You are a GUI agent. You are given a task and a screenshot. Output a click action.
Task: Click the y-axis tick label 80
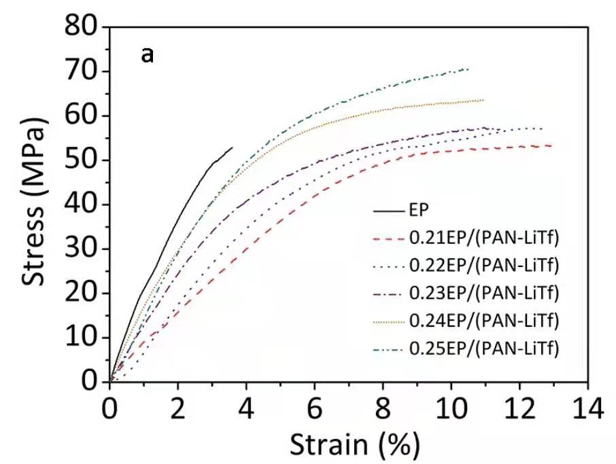(x=83, y=27)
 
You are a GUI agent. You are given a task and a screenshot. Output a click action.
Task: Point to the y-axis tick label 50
(x=83, y=160)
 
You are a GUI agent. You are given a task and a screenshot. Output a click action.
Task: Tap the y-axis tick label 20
(x=83, y=293)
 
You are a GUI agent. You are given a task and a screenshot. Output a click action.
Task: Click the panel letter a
(x=147, y=55)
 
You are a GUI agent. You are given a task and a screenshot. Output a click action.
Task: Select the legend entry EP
(x=418, y=210)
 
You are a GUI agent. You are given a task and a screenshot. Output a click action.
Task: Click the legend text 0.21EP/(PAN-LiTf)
(x=483, y=238)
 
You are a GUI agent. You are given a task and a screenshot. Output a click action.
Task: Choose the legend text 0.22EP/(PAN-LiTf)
(x=483, y=266)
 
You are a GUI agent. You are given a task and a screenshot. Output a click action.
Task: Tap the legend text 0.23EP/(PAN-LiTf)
(x=483, y=293)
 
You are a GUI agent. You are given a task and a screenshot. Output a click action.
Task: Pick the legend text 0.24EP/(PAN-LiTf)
(x=483, y=321)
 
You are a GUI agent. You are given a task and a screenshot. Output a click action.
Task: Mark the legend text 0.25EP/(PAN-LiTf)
(x=483, y=349)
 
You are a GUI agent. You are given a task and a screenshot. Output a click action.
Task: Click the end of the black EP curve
(x=232, y=147)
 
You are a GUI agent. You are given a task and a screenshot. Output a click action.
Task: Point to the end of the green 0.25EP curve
(x=468, y=69)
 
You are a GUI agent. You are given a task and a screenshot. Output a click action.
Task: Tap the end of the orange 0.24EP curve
(x=483, y=100)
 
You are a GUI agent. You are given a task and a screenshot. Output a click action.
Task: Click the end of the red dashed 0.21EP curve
(x=551, y=145)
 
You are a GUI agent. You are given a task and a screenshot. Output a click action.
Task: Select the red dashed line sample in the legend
(x=389, y=238)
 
